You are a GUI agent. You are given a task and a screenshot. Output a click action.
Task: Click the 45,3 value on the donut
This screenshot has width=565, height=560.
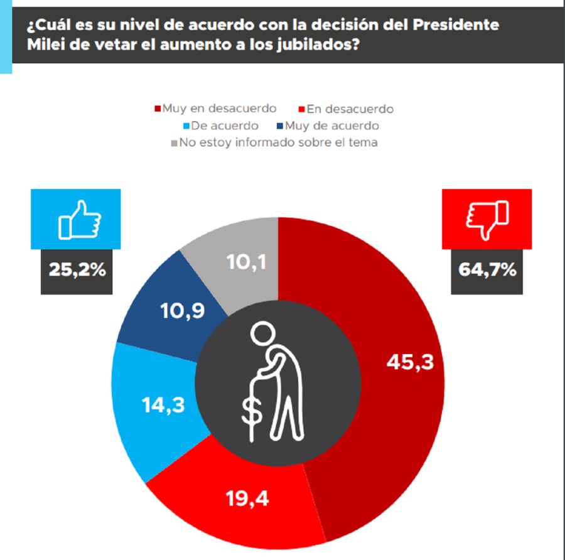point(411,362)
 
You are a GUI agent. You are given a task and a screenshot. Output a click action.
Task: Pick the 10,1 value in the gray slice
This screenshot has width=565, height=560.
point(246,262)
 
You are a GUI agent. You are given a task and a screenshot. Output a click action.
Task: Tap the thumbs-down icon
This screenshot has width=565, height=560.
point(487,219)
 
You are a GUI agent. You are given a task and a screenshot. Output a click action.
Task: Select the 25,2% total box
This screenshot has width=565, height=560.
point(77,271)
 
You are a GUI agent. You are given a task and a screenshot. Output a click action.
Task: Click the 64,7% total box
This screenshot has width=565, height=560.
point(487,271)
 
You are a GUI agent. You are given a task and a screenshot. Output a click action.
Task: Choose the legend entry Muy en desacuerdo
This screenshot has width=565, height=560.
point(219,108)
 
